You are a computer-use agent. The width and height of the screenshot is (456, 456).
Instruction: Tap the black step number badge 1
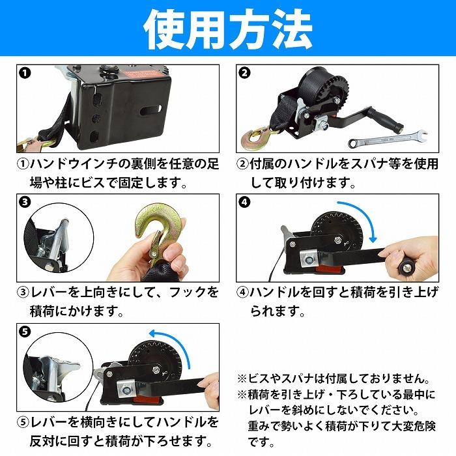(25, 72)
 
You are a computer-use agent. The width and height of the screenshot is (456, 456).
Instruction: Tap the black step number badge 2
(244, 72)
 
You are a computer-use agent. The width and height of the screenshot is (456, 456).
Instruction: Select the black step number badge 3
(25, 202)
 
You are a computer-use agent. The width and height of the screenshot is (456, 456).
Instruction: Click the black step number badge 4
(244, 202)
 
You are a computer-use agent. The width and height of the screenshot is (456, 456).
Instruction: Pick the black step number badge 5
(25, 332)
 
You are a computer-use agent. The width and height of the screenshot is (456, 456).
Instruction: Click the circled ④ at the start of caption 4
(242, 292)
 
